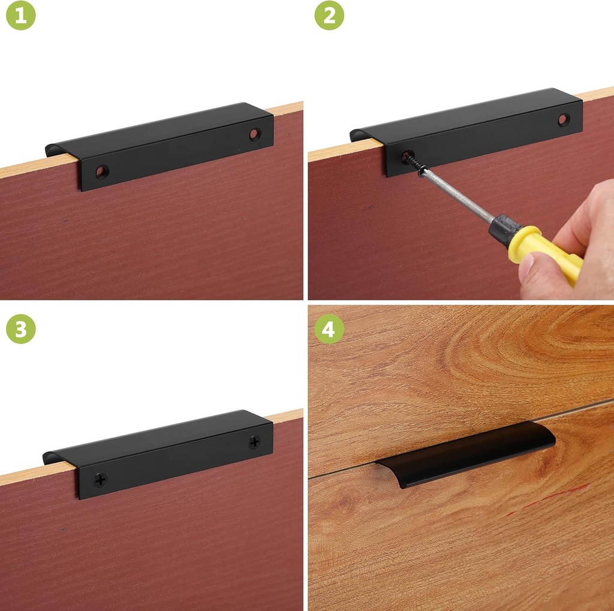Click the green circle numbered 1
[x=21, y=16]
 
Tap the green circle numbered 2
[x=329, y=16]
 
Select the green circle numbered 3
[x=21, y=329]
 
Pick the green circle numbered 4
[x=329, y=329]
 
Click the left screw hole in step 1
[x=102, y=171]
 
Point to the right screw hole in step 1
[x=255, y=134]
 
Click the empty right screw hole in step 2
[x=564, y=119]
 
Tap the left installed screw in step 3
[x=100, y=479]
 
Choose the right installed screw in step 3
[x=254, y=443]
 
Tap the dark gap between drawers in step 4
[x=342, y=471]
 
